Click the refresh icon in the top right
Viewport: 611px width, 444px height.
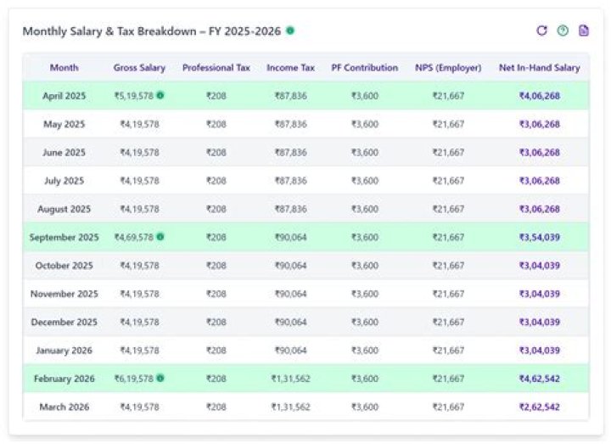click(x=541, y=31)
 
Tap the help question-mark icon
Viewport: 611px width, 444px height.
click(x=563, y=31)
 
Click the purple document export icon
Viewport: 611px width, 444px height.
click(x=584, y=31)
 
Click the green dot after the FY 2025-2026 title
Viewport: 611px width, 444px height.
click(x=290, y=31)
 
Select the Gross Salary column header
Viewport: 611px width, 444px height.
click(x=139, y=68)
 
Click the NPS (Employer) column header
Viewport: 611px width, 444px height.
click(x=448, y=68)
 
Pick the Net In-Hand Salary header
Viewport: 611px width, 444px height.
click(x=539, y=68)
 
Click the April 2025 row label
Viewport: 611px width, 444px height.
click(x=64, y=96)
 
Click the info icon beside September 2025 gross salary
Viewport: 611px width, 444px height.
click(x=160, y=237)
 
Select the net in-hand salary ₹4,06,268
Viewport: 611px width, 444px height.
click(x=539, y=96)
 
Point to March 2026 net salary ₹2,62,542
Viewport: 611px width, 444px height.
click(x=539, y=407)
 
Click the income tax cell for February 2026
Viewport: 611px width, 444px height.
click(x=290, y=379)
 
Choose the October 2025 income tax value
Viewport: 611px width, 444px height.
click(x=290, y=266)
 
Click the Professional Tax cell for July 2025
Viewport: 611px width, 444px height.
click(x=216, y=181)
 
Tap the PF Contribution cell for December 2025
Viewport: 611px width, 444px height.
click(x=365, y=323)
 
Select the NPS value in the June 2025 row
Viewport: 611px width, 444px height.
click(x=448, y=153)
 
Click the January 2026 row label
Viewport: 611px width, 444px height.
click(x=64, y=351)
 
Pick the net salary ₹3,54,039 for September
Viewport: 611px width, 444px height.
click(x=539, y=238)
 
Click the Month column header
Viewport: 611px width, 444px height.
click(x=64, y=68)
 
